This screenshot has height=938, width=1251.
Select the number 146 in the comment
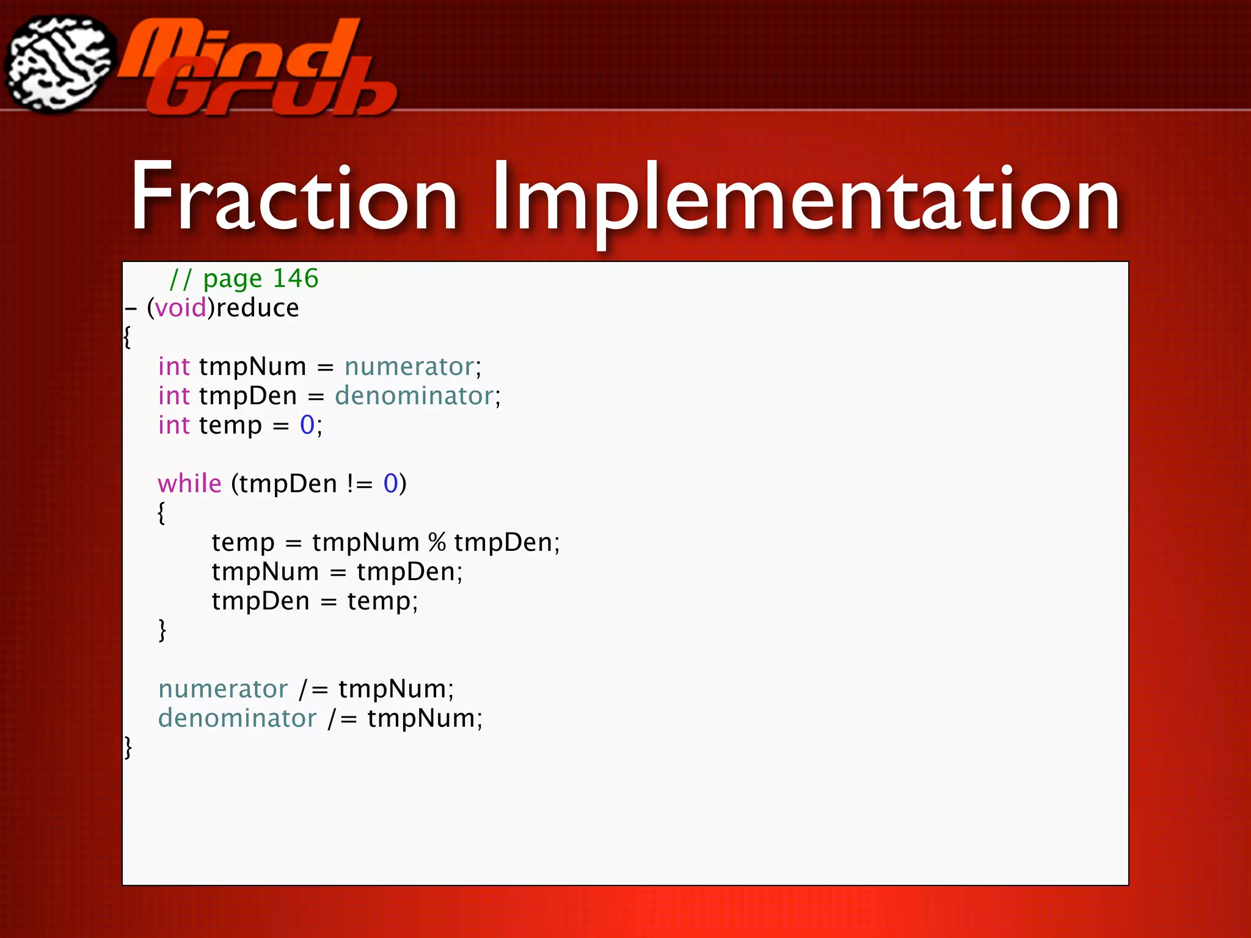[296, 278]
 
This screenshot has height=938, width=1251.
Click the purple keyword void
[180, 308]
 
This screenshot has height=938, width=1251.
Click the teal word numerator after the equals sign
[409, 366]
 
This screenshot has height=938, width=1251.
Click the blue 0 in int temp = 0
[307, 425]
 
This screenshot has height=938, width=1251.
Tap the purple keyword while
[189, 484]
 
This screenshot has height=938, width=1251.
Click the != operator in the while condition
[360, 484]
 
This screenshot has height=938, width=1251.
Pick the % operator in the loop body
[437, 542]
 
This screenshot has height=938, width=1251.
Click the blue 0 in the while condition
[390, 484]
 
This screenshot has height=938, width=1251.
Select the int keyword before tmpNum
[174, 366]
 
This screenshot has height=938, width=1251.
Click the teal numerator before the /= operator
[223, 689]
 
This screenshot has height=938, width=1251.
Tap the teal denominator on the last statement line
[238, 718]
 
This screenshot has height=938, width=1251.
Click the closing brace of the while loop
[162, 630]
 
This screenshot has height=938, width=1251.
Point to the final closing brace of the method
[128, 747]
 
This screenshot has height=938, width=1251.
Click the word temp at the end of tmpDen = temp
[379, 602]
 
